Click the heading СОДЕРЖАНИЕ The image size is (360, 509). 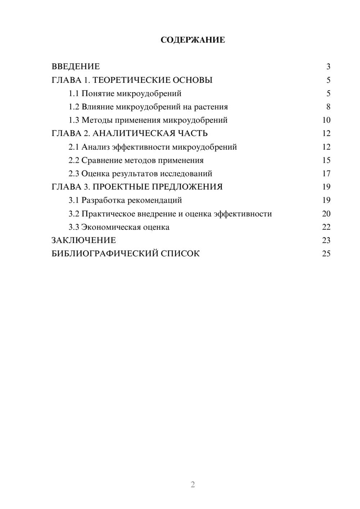click(x=193, y=40)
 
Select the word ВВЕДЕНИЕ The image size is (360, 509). click(x=76, y=67)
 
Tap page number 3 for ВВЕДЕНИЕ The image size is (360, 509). click(x=328, y=67)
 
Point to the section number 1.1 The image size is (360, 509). click(x=74, y=94)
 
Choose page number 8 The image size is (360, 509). click(x=328, y=107)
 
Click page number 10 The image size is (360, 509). click(x=326, y=120)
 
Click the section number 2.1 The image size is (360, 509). click(x=74, y=147)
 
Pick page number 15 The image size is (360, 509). click(x=326, y=160)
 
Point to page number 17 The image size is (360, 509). click(x=326, y=174)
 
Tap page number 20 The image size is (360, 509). click(x=326, y=214)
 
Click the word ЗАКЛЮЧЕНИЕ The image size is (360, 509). click(x=84, y=240)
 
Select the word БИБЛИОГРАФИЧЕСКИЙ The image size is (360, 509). click(x=105, y=254)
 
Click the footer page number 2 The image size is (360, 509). click(x=193, y=485)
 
